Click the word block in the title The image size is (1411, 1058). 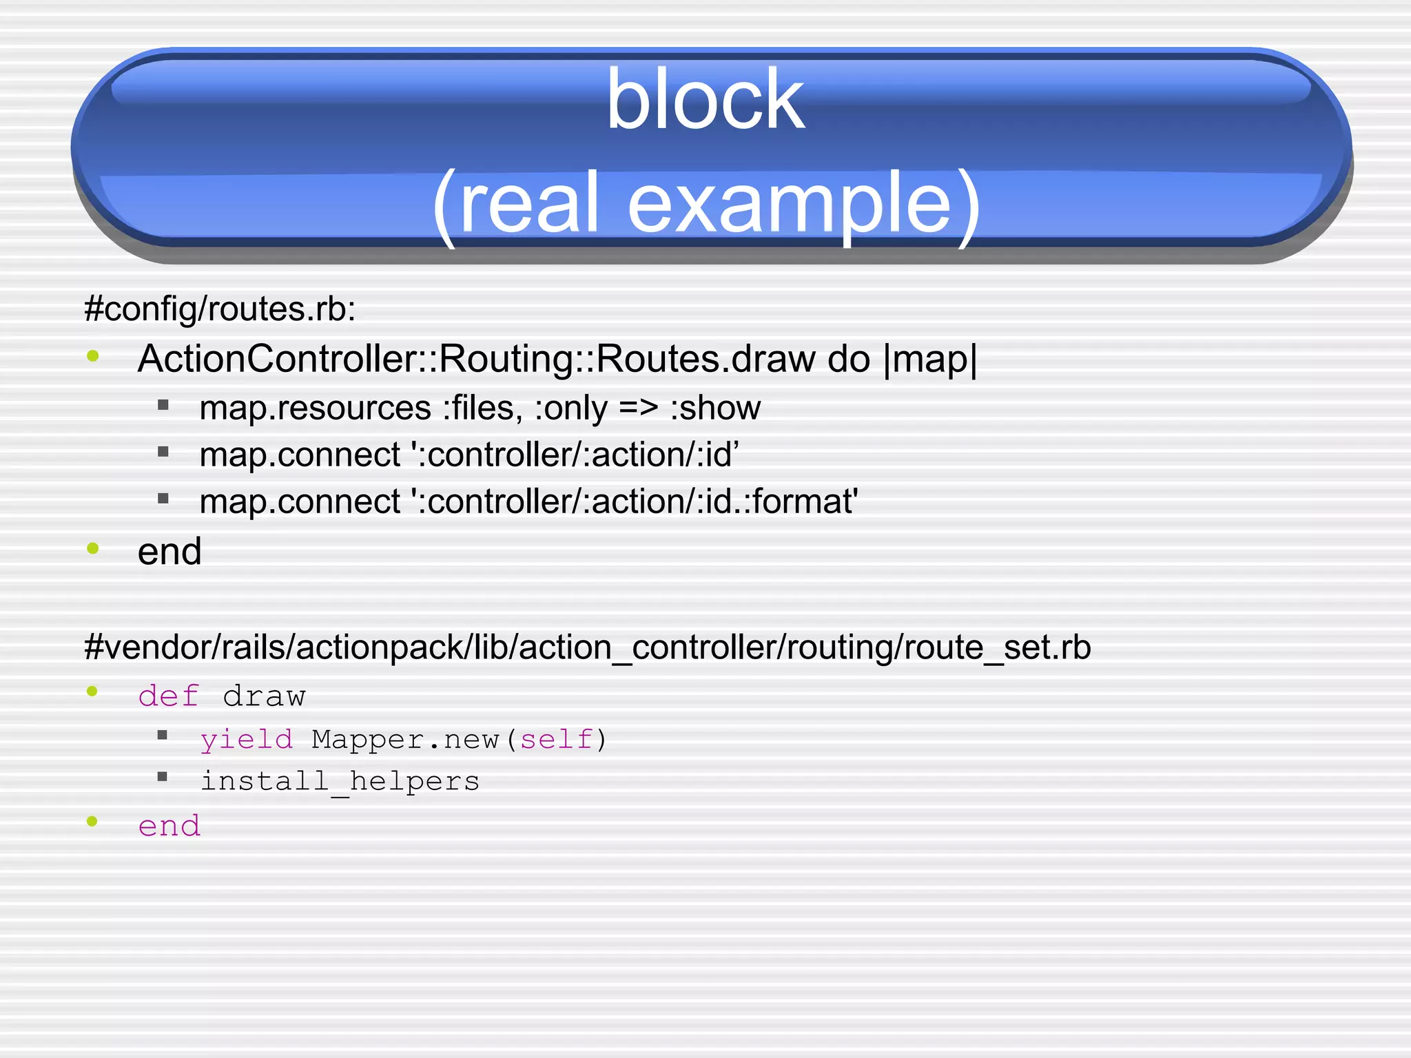pos(705,101)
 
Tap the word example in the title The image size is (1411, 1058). pos(790,204)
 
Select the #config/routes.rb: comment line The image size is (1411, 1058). pos(220,309)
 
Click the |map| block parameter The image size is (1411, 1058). pos(929,359)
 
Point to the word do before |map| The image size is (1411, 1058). pos(848,359)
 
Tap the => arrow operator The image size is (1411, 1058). pos(638,408)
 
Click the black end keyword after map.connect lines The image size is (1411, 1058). pos(169,551)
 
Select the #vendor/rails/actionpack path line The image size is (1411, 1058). pos(587,647)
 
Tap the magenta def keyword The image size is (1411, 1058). pos(169,696)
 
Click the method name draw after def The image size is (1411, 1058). pos(264,696)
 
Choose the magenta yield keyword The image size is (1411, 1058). pos(246,739)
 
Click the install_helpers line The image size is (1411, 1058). pos(340,781)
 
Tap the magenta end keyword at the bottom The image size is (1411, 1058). pos(169,825)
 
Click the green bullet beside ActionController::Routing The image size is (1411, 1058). pos(93,356)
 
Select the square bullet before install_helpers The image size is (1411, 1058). pos(163,777)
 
